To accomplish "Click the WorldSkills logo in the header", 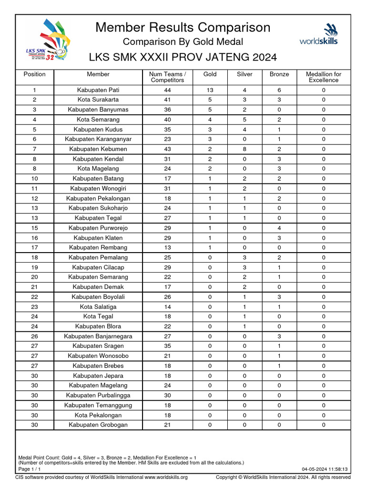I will pos(319,34).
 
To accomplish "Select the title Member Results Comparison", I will pos(183,27).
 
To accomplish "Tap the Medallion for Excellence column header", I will pos(323,77).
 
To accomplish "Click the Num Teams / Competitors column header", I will pos(167,77).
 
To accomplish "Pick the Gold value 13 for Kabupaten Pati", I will pos(210,90).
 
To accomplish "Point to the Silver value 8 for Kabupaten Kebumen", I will pos(244,149).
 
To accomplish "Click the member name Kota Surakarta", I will pos(98,100).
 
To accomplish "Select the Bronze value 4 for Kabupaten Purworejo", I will pos(279,228).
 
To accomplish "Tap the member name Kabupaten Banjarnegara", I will pos(98,336).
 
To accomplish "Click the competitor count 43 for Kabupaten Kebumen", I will pos(167,149).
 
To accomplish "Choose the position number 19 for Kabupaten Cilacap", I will pos(34,267).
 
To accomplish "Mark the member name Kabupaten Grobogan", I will pos(98,425).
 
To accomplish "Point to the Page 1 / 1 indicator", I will pos(29,469).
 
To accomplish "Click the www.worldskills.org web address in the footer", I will pos(166,478).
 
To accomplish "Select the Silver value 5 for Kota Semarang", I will pos(244,120).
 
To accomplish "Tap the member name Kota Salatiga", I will pos(98,307).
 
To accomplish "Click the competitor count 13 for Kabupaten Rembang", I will pos(167,248).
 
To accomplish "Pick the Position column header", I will pos(34,74).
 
